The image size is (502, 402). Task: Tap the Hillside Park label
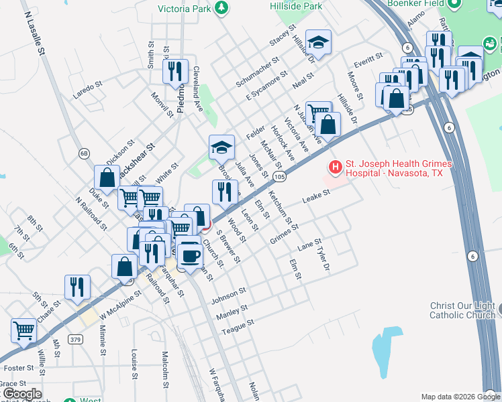tap(291, 5)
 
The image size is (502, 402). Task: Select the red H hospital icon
tap(334, 166)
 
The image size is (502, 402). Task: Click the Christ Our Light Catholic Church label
tap(462, 310)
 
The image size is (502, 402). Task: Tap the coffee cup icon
tap(191, 255)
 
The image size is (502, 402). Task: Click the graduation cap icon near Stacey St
tap(318, 42)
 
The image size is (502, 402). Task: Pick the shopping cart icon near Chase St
tap(23, 330)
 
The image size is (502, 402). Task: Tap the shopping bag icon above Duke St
tap(107, 178)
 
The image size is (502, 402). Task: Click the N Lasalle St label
tap(34, 31)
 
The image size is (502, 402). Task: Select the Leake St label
tap(316, 196)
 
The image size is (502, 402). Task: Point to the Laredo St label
tap(87, 89)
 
